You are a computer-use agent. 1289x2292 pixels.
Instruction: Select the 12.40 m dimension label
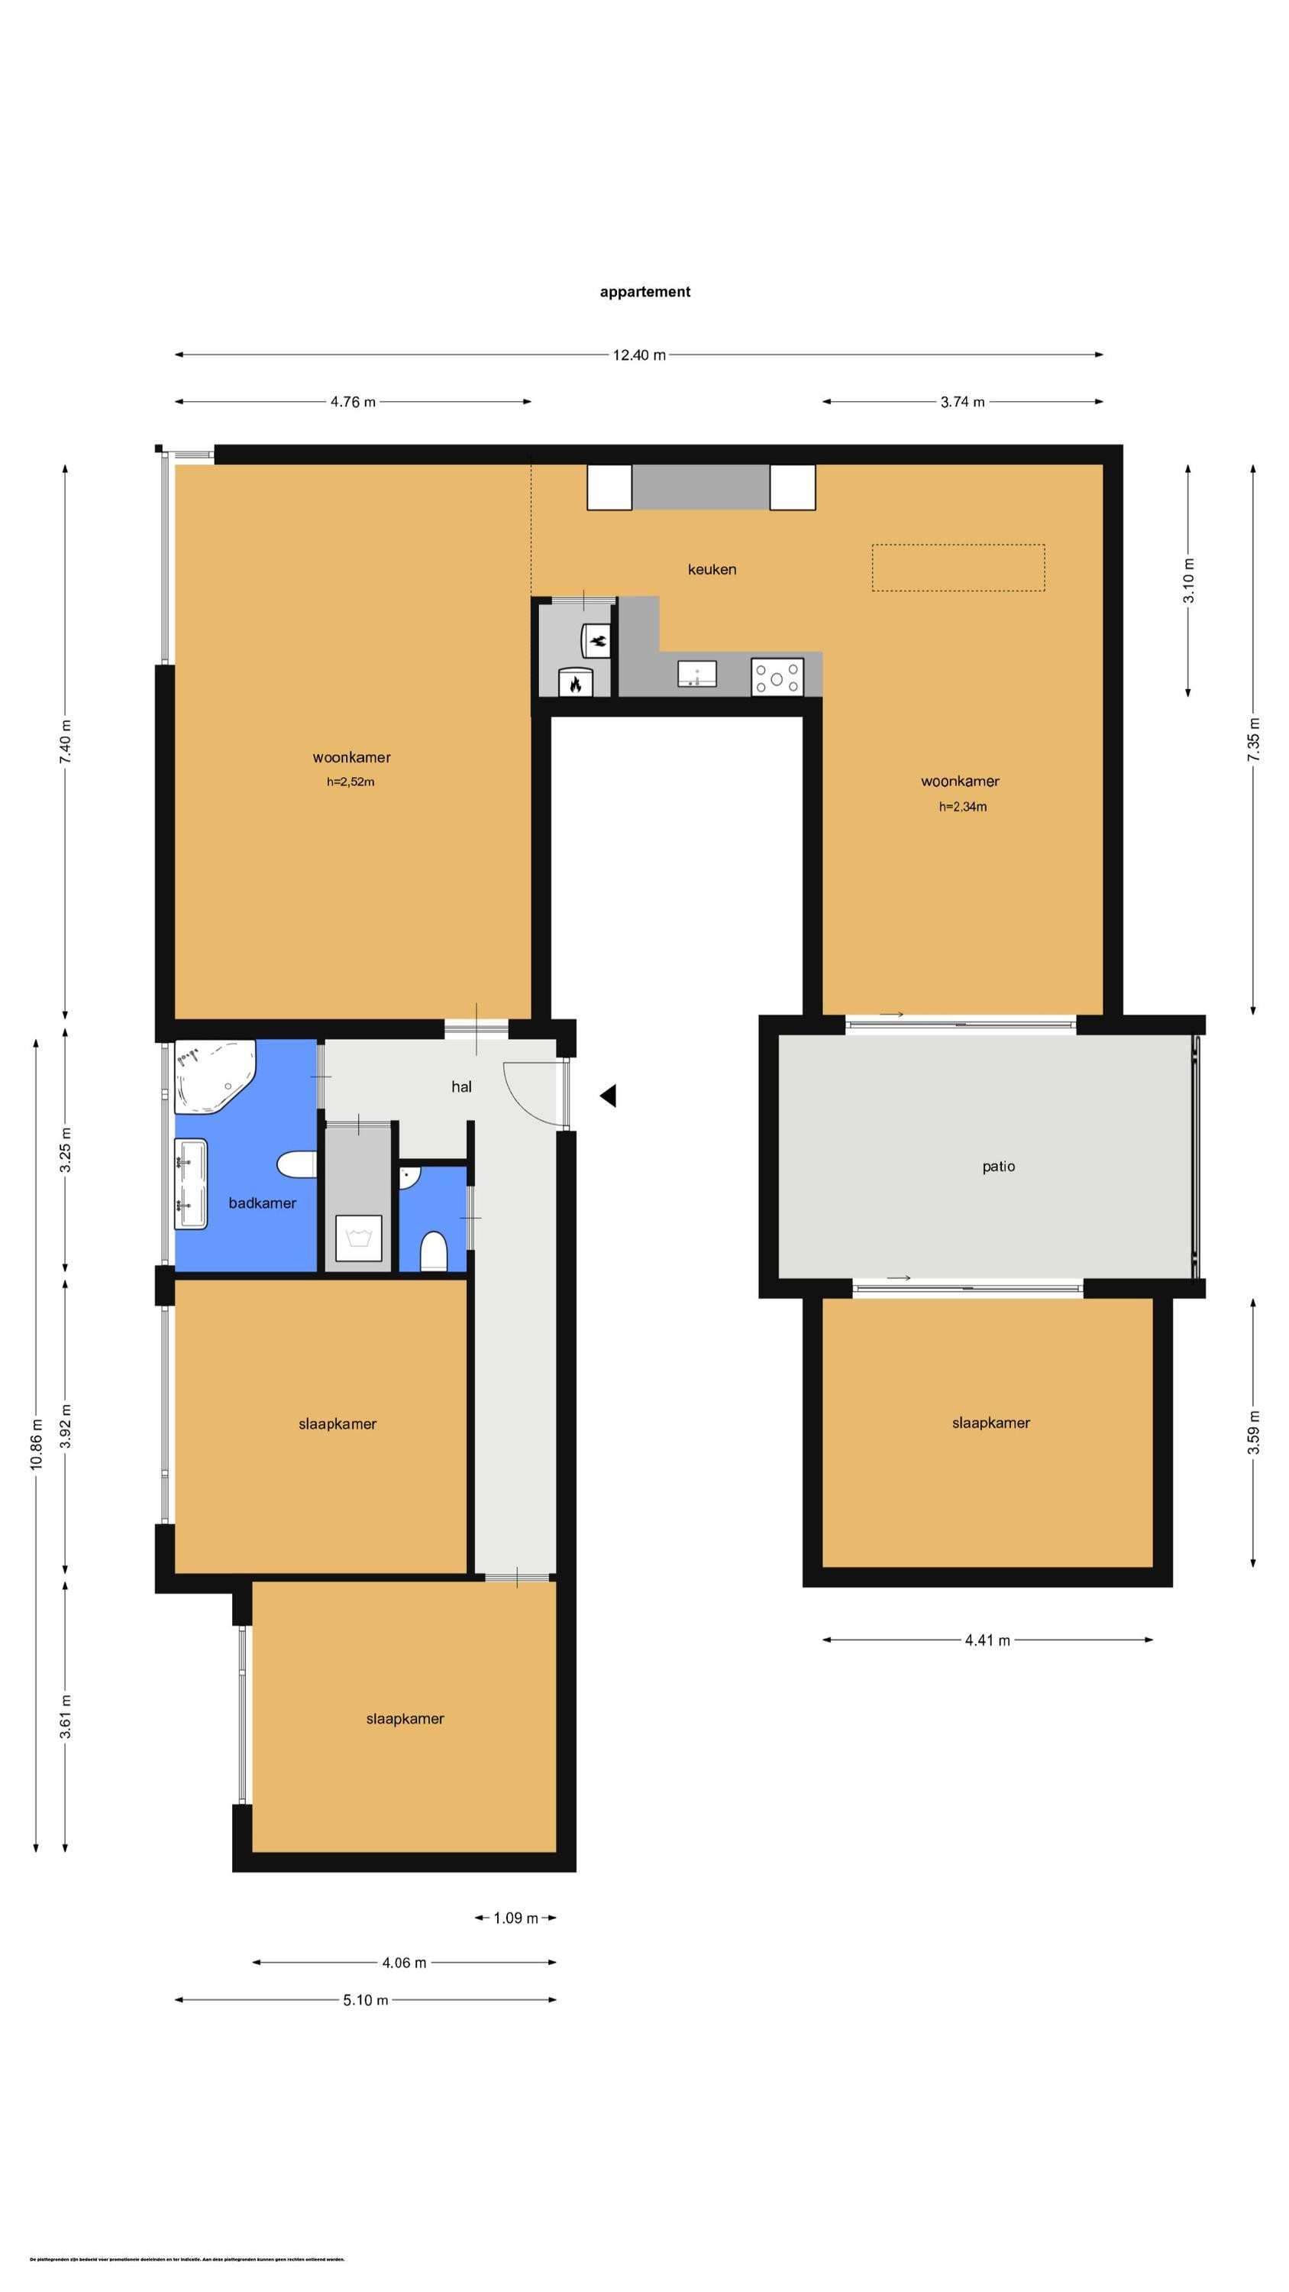(x=638, y=355)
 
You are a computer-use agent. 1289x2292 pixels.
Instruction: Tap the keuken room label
(x=711, y=569)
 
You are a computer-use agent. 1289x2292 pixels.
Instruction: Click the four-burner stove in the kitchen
(x=777, y=676)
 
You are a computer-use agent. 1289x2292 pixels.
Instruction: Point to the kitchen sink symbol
(x=697, y=675)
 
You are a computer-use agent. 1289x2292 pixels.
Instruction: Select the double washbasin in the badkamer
(x=190, y=1184)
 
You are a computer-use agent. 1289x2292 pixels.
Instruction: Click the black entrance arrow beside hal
(x=609, y=1096)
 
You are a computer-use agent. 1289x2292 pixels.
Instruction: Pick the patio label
(x=997, y=1167)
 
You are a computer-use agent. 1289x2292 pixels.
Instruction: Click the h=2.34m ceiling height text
(x=962, y=807)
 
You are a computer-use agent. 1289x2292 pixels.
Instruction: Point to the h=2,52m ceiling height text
(x=351, y=782)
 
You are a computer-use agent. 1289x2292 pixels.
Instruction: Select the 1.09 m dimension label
(x=515, y=1918)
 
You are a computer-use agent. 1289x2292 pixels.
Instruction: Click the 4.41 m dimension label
(x=987, y=1640)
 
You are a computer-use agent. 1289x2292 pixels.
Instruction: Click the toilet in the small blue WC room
(x=432, y=1251)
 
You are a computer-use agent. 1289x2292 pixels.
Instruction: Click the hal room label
(x=460, y=1086)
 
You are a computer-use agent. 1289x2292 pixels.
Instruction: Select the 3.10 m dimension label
(x=1188, y=580)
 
